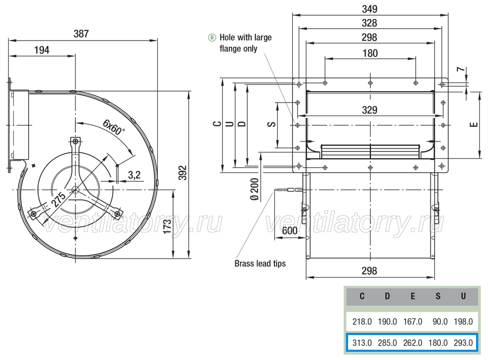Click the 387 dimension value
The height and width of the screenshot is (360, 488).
click(81, 34)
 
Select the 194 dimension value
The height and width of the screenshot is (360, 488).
click(42, 50)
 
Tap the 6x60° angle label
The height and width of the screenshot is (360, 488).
click(114, 127)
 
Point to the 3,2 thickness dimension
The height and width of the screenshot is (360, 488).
click(134, 175)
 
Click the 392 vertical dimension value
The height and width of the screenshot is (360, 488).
click(183, 173)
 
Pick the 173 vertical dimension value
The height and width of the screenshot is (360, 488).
click(168, 227)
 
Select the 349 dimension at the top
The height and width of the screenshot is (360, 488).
click(369, 9)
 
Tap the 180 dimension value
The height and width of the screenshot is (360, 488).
click(370, 53)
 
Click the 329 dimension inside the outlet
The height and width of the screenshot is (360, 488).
click(370, 110)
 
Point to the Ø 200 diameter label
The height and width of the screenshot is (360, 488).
click(255, 189)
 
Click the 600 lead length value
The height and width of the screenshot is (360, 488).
click(290, 230)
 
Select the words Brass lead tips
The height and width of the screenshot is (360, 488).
click(260, 263)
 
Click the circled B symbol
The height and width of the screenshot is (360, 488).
click(212, 37)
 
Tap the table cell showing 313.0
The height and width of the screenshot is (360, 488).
click(362, 343)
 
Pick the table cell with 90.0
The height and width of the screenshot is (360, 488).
click(440, 322)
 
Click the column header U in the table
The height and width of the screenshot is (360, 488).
click(464, 296)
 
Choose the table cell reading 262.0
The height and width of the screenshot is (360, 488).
click(413, 343)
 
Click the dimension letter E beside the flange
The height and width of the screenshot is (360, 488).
click(474, 125)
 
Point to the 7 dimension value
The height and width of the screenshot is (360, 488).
click(461, 69)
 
